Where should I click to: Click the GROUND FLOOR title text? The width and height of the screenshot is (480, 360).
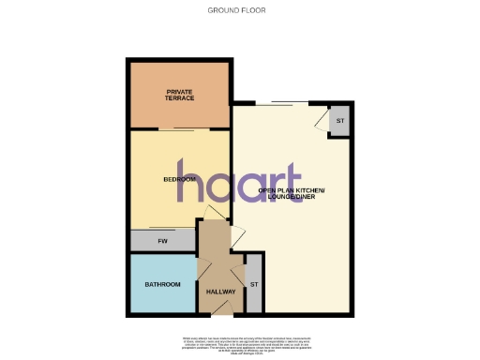239,11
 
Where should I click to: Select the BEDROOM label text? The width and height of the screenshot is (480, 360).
179,179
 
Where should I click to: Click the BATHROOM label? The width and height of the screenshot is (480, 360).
161,284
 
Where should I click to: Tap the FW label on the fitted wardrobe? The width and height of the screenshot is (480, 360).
161,241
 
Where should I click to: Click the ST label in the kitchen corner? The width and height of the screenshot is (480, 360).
339,122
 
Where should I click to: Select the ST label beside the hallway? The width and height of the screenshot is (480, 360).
253,284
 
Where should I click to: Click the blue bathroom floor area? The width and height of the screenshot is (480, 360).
161,298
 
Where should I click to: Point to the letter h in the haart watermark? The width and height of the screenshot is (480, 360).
191,187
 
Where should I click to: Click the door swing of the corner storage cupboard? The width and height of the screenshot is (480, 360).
323,119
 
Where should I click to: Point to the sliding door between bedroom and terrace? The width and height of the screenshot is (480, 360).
179,129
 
